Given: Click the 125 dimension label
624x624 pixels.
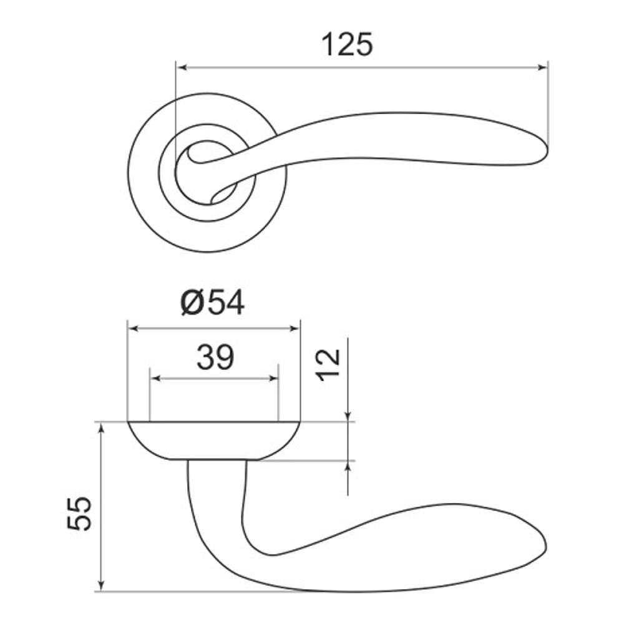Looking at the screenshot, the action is point(347,44).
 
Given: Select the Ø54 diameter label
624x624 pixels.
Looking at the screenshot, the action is point(213,303).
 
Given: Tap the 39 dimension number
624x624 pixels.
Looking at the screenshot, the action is point(215,357).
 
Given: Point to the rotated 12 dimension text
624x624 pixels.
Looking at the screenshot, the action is point(329,364).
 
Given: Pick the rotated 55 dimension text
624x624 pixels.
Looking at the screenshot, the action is point(79,513).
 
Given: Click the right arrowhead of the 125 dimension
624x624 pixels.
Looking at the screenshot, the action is point(543,67).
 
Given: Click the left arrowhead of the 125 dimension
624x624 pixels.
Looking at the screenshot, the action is point(181,67).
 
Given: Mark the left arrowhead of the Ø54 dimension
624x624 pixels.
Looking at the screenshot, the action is point(133,328).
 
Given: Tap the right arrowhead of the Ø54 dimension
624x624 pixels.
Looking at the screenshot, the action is point(295,328).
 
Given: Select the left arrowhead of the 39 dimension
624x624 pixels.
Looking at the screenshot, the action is point(155,378).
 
